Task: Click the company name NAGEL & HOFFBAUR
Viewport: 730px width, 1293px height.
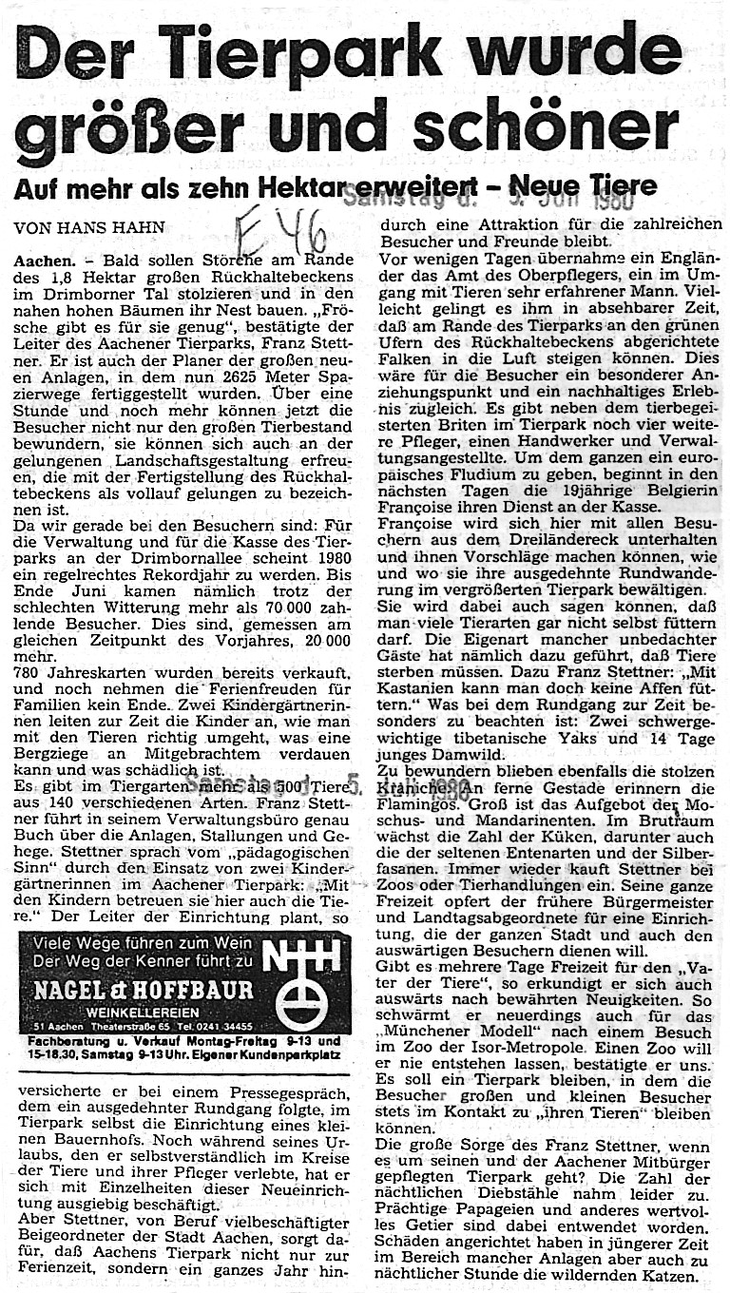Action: pos(144,990)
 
